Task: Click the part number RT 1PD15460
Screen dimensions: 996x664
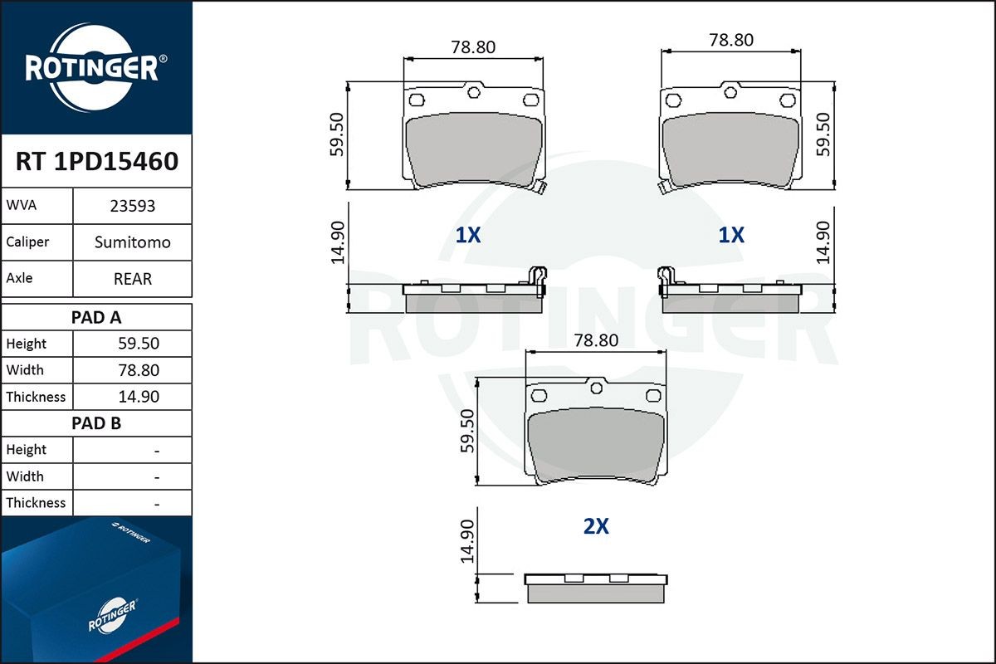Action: pos(97,161)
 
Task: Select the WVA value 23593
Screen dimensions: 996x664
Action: pos(133,206)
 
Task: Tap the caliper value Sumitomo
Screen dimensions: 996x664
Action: pos(133,242)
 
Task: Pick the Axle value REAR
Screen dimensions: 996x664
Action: pos(133,279)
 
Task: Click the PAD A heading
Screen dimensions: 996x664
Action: pos(96,318)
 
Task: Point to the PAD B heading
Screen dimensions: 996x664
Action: pos(96,423)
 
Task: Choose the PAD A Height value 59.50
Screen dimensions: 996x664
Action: pos(139,344)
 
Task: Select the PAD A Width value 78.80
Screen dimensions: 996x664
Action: pos(139,370)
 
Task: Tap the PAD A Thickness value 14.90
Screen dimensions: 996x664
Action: pos(139,396)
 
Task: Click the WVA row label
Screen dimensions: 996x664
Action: pos(22,205)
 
